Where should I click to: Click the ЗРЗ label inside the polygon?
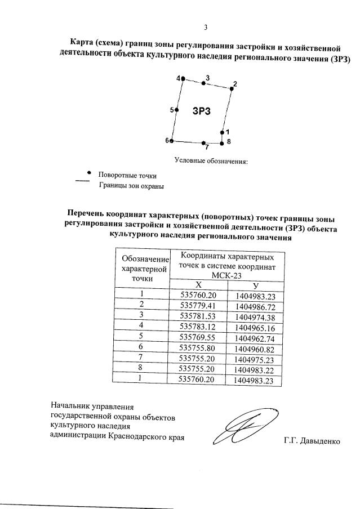point(201,111)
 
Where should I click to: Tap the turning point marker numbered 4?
point(182,79)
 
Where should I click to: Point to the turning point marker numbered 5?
point(176,110)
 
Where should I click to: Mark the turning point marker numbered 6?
point(171,141)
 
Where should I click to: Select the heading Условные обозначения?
point(211,162)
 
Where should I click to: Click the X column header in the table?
point(198,285)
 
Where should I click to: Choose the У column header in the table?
point(255,285)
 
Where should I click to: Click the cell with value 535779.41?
point(198,306)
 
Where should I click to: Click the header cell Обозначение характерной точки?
point(143,269)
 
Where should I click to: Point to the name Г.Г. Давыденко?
point(312,441)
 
